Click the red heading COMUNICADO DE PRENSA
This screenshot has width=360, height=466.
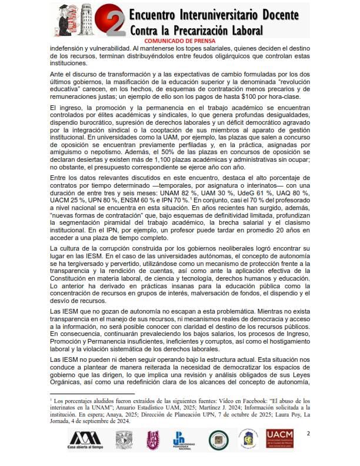tap(179, 41)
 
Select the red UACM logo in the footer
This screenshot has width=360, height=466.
tap(281, 440)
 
